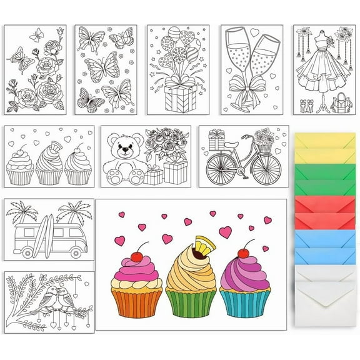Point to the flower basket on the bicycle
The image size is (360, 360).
pos(265,144)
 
